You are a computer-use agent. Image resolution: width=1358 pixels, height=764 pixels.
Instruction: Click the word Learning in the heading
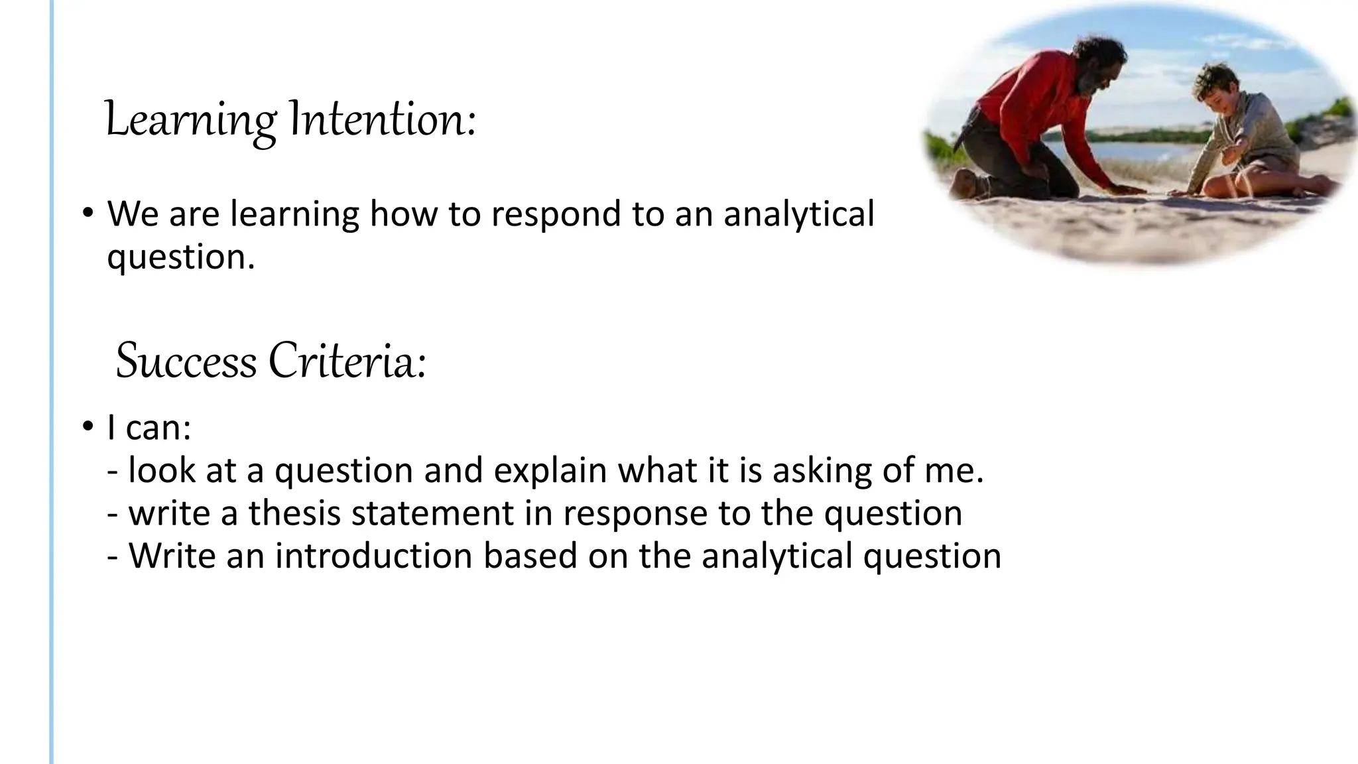coord(191,121)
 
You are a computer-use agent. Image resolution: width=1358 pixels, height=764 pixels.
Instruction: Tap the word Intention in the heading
coord(383,121)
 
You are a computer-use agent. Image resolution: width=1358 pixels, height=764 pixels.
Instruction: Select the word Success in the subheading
coord(186,362)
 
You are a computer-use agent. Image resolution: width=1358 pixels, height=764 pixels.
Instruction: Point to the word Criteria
coord(347,362)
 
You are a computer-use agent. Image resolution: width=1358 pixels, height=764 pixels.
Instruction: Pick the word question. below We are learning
coord(181,257)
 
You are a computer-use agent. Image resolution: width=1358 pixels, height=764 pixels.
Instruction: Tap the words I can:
coord(149,428)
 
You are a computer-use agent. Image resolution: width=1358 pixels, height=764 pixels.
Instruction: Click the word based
coord(530,556)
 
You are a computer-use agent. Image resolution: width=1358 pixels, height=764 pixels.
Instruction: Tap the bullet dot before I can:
coord(87,428)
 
